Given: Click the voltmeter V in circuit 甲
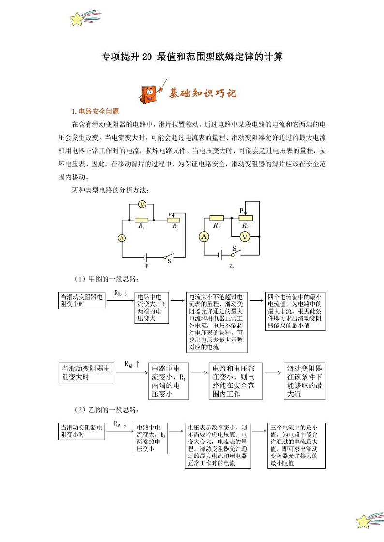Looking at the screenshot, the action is click(142, 205).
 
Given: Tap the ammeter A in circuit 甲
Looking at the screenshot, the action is click(122, 238).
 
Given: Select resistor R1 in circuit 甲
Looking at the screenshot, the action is click(141, 220).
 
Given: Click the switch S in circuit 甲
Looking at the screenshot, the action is click(168, 256).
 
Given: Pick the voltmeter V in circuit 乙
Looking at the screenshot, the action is click(246, 236).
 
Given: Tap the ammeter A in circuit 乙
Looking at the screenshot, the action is click(205, 236).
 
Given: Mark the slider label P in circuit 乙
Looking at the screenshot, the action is click(241, 210).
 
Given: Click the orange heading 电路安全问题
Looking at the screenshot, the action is click(98, 111).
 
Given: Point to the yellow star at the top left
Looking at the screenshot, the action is click(77, 19).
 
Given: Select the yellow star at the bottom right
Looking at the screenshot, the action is click(363, 521).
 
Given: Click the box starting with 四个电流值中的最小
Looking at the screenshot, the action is click(295, 311).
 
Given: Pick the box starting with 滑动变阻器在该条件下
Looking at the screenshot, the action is click(304, 381).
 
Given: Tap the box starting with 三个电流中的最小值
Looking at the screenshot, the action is click(295, 445).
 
